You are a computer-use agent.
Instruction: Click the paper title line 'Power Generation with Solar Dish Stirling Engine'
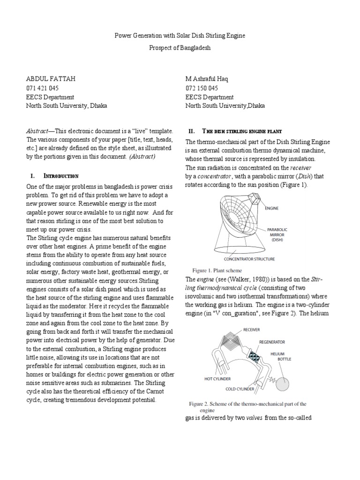pos(180,36)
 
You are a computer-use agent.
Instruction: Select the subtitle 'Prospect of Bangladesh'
pos(180,48)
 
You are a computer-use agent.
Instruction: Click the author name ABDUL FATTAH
pos(49,79)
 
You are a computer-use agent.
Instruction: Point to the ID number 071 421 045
pos(42,88)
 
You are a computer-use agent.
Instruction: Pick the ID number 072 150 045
pos(202,88)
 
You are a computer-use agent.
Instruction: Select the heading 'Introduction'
pos(61,176)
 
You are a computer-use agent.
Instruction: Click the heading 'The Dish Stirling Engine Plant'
pos(241,131)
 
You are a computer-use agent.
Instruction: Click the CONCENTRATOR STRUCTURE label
pos(250,259)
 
